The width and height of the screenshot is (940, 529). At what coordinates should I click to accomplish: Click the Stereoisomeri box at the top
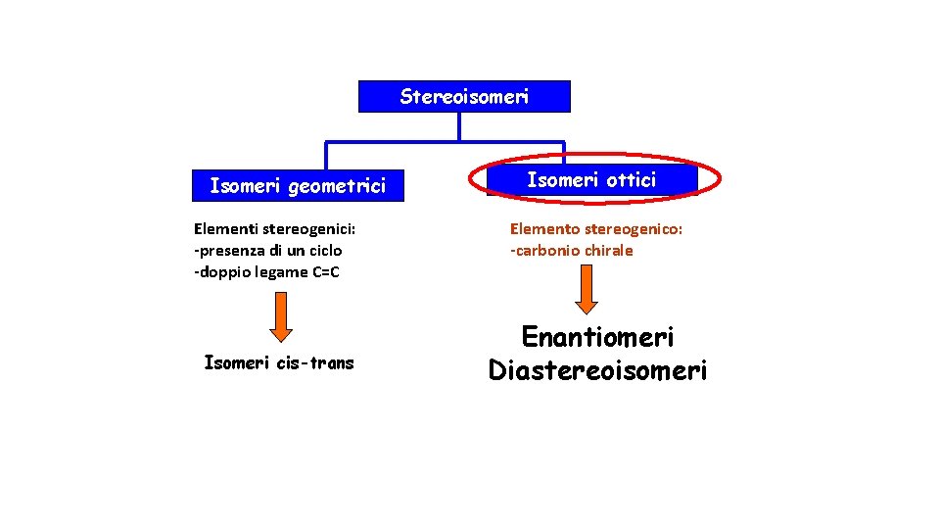pos(464,97)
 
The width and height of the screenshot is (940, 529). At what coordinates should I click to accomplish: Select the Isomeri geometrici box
pos(298,185)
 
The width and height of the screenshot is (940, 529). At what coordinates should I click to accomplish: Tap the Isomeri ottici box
pos(592,179)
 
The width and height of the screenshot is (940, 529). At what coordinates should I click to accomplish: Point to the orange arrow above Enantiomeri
pos(587,289)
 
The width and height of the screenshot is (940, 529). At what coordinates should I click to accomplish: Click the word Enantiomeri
pos(597,338)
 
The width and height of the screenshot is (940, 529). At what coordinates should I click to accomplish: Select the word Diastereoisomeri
pos(597,371)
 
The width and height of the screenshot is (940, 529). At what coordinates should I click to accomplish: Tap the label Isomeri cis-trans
pos(279,363)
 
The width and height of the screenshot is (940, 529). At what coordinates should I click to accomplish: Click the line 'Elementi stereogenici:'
pos(274,229)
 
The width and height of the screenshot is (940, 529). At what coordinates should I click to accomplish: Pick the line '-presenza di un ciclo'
pos(268,251)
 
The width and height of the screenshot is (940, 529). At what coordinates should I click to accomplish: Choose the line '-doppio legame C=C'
pos(266,272)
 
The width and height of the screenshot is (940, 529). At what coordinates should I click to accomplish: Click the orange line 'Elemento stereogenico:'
pos(595,229)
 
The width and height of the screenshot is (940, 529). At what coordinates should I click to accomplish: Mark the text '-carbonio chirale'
pos(572,251)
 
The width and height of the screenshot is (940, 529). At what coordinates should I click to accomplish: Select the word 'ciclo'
pos(324,251)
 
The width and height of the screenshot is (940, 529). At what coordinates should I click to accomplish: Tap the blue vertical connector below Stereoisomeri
pos(458,126)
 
